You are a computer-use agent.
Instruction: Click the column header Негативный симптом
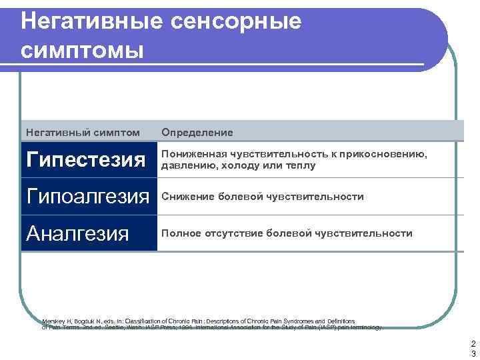click(x=83, y=133)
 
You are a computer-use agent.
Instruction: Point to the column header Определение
click(x=197, y=133)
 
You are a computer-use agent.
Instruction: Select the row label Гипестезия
click(x=85, y=159)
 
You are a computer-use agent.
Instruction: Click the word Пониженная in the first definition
click(x=193, y=155)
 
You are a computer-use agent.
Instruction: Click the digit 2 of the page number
click(x=469, y=343)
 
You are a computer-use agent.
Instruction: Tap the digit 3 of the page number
click(x=469, y=353)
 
